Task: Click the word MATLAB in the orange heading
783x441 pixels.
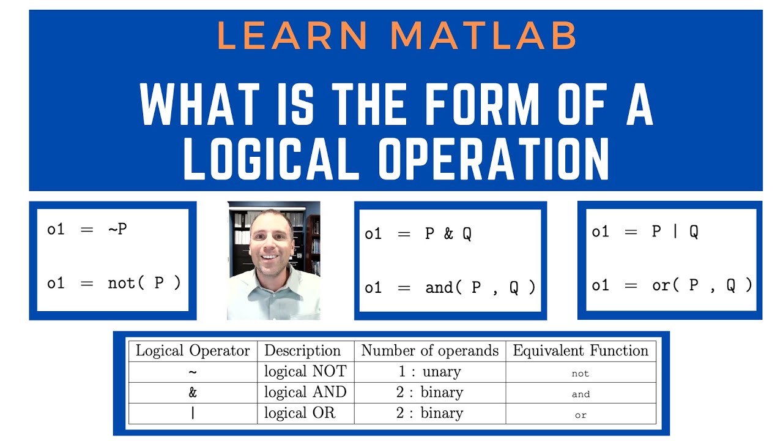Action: pos(483,36)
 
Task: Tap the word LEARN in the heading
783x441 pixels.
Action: pos(292,36)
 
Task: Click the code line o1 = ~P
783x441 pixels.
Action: pos(87,230)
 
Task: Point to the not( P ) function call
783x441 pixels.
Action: pos(144,284)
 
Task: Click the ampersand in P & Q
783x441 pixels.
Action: pos(448,234)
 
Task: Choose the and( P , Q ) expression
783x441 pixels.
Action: pos(481,287)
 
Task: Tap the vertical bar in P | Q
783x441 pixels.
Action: pos(675,232)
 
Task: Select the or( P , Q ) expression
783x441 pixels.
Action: pos(702,285)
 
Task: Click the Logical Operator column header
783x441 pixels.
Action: pos(193,351)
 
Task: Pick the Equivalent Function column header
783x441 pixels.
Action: pos(581,351)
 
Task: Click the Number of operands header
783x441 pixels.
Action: pos(429,351)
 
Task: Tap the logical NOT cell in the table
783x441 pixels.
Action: pos(305,371)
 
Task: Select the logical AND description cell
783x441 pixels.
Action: pos(305,392)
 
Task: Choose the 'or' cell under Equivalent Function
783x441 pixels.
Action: pos(581,415)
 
